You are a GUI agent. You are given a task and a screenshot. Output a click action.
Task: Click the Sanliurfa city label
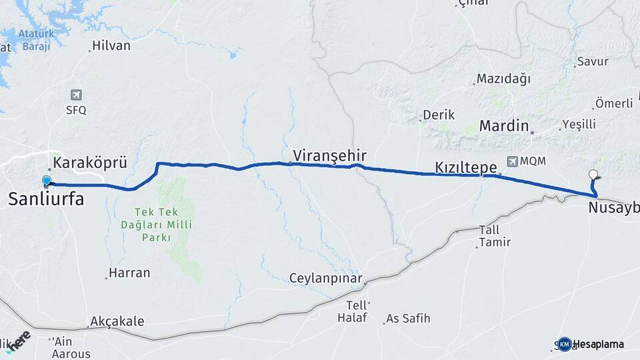45,198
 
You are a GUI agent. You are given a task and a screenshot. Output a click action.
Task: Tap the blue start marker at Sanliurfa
46,181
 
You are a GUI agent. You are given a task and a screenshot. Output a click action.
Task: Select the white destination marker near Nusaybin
593,175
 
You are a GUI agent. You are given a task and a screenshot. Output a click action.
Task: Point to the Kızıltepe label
466,167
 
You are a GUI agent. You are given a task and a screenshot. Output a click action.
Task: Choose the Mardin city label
504,125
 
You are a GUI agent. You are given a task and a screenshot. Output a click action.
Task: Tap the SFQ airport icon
76,95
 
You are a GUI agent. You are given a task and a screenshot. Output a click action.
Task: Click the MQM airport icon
512,161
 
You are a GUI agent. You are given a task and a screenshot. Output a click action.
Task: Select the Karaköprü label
89,162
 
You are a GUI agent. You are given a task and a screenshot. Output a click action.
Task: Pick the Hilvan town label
111,46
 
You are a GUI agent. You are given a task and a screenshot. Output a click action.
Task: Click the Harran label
130,273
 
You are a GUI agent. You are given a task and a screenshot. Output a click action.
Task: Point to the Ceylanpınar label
325,278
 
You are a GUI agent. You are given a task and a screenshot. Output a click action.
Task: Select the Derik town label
439,115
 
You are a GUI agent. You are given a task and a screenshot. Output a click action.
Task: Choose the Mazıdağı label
504,79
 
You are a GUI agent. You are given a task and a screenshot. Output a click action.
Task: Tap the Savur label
593,61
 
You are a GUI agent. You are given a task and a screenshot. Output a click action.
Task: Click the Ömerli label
614,103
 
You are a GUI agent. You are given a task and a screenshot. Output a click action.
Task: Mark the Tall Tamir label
495,236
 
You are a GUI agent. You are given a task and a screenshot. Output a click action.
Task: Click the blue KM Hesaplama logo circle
565,344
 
